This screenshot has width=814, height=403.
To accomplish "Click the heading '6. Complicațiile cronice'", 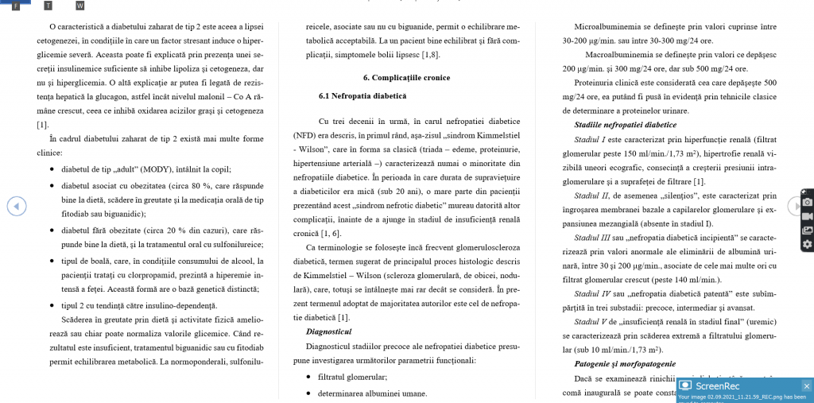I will point(406,78).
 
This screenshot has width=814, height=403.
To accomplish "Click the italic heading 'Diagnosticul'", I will point(328,331).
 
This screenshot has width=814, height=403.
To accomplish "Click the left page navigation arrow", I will point(17,206).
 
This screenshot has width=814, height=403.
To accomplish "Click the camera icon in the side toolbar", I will point(807,203).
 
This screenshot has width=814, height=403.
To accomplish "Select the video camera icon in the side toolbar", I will point(807,216).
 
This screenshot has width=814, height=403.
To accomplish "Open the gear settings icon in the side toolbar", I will point(807,244).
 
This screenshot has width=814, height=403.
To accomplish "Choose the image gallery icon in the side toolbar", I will point(807,231).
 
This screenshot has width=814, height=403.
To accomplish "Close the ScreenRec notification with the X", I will point(806,386).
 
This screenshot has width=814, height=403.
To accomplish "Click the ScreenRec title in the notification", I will point(718,386).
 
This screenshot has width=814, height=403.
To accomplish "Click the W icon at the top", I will point(79,6).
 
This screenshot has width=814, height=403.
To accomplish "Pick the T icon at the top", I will point(48,6).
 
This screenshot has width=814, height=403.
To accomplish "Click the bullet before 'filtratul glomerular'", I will point(308,377).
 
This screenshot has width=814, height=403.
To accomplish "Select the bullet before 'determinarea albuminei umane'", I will point(308,393).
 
